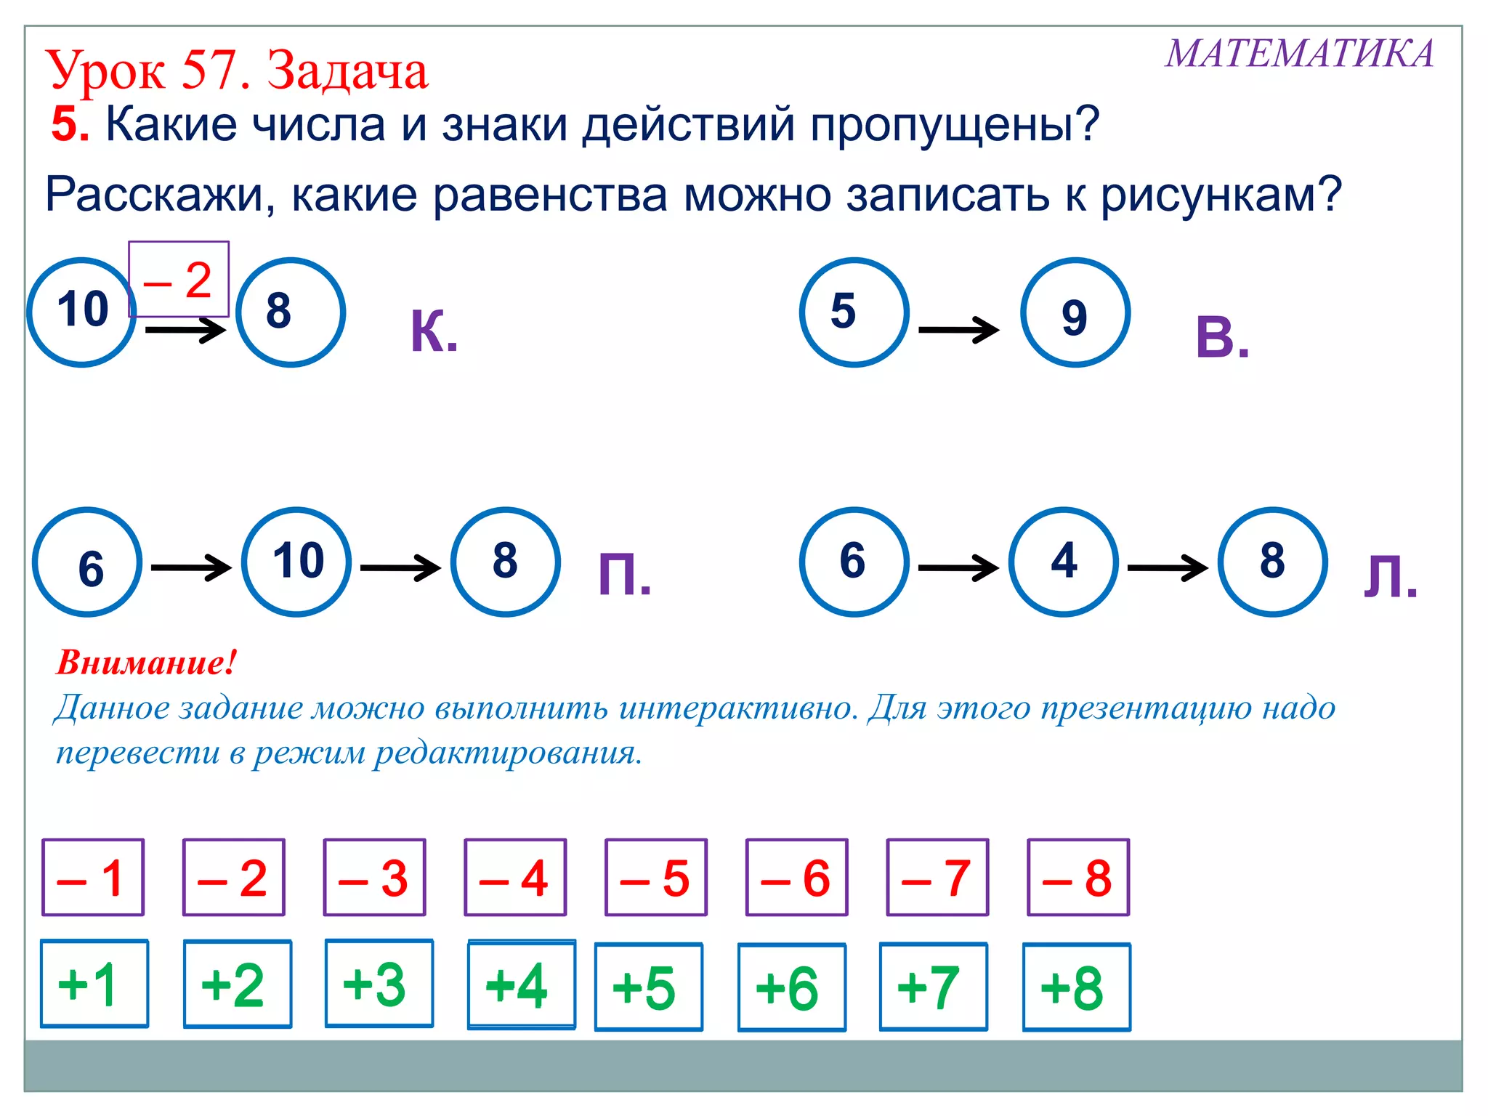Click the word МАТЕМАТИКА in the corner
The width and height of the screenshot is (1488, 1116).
coord(1300,54)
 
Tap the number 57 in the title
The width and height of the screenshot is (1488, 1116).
coord(215,70)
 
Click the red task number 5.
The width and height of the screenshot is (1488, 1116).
coord(70,124)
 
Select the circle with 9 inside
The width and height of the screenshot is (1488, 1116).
coord(1075,313)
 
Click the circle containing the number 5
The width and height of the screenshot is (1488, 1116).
coord(854,312)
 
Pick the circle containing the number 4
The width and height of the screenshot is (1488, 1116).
coord(1064,562)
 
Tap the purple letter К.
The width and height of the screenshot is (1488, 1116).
coord(434,332)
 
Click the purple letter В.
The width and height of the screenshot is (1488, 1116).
coord(1222,338)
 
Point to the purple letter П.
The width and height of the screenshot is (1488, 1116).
coord(624,574)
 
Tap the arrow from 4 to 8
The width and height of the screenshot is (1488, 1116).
coord(1168,567)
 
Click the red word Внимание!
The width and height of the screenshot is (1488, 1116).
coord(146,663)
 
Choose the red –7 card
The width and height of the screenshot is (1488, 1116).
coord(937,878)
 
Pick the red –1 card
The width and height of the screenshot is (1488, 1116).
coord(93,878)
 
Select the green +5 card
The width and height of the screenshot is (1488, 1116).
coord(648,987)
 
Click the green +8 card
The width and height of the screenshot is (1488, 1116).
coord(1076,987)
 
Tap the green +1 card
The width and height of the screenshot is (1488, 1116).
coord(94,984)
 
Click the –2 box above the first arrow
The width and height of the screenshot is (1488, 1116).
coord(179,280)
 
